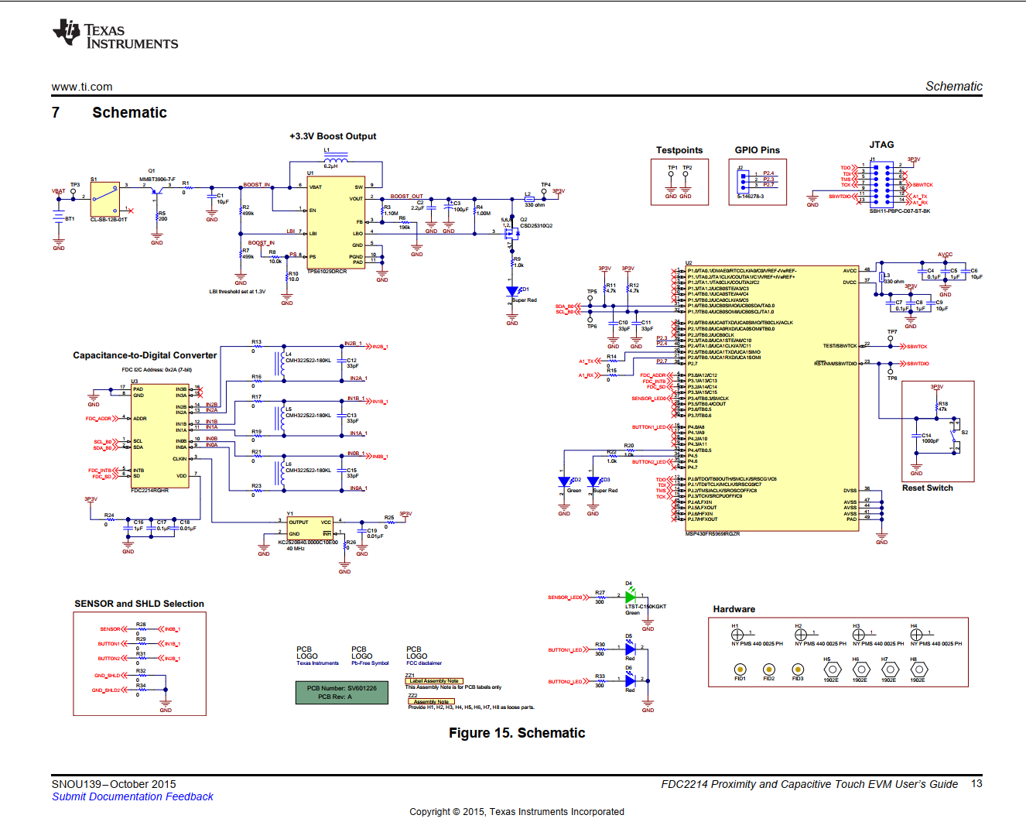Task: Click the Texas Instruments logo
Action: click(x=115, y=34)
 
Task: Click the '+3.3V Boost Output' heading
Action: click(x=333, y=136)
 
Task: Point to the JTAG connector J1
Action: click(x=881, y=183)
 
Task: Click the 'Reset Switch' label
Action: click(x=927, y=488)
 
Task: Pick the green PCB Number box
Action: click(x=341, y=692)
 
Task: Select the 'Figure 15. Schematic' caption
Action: click(x=517, y=733)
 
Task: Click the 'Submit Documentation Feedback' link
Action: click(x=132, y=796)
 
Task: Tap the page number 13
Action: click(x=976, y=783)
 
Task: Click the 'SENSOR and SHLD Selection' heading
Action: click(x=139, y=604)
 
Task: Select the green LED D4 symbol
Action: click(x=630, y=597)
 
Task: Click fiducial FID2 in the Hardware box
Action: click(x=768, y=670)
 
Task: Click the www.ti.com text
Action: click(x=82, y=87)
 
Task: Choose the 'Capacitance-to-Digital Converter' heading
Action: click(x=145, y=355)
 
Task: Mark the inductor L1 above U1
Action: click(x=335, y=159)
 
